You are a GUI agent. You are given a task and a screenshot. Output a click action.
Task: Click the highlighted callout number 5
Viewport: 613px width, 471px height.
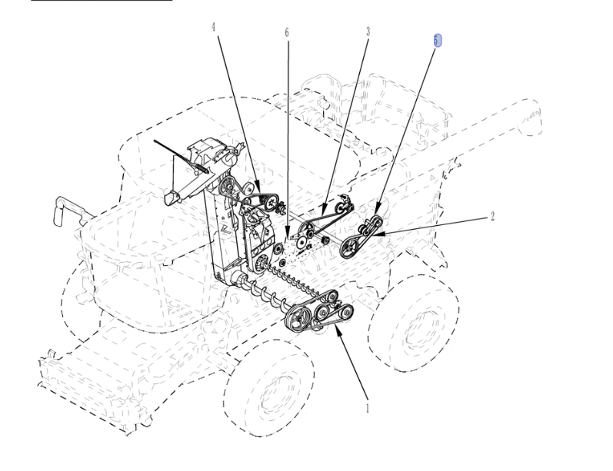(x=437, y=41)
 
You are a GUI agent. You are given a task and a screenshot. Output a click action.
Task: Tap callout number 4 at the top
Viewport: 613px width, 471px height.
(x=214, y=27)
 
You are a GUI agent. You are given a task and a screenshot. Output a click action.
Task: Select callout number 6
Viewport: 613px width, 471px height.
(x=287, y=32)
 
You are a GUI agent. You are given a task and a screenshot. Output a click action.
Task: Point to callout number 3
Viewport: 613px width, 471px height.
(x=368, y=32)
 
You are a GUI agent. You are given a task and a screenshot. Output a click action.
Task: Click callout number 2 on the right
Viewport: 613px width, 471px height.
(x=492, y=216)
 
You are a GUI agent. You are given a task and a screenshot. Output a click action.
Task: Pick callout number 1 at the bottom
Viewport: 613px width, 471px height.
(x=368, y=409)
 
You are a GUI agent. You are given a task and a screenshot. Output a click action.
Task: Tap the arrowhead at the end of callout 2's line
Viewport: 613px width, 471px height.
(x=378, y=234)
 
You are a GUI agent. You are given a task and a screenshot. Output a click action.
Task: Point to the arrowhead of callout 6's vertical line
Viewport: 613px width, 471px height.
(x=288, y=235)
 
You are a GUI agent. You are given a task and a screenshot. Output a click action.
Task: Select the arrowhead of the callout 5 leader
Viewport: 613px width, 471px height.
(x=378, y=209)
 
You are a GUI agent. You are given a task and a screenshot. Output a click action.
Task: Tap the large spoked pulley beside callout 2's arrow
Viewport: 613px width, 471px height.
(x=350, y=247)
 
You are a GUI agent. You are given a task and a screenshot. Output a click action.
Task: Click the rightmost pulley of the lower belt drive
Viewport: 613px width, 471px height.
(x=345, y=312)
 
